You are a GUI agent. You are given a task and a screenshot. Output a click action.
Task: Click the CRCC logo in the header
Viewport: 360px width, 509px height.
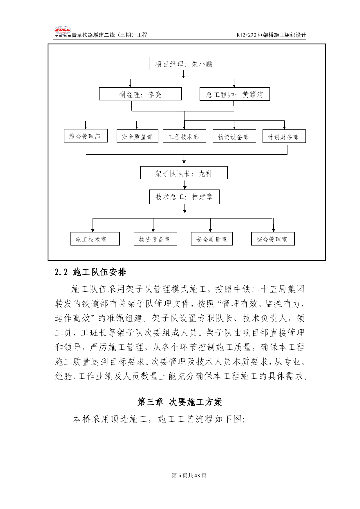[x=63, y=32]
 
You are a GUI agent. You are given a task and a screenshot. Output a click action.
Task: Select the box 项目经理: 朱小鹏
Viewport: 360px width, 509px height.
[x=184, y=64]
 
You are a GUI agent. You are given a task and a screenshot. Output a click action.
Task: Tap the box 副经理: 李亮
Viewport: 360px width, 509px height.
[x=140, y=94]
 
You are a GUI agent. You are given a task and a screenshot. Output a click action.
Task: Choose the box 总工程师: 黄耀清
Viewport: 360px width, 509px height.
[x=235, y=94]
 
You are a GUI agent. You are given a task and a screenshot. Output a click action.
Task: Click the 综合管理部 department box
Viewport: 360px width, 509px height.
[x=86, y=136]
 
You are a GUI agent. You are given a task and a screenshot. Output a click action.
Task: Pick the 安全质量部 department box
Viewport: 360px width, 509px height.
[x=138, y=136]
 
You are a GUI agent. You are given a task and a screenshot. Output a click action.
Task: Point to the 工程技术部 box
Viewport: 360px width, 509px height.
[x=184, y=136]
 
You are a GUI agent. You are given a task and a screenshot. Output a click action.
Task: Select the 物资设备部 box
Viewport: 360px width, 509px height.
[x=234, y=136]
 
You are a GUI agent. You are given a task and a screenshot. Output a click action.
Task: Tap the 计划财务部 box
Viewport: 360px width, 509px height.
[x=284, y=136]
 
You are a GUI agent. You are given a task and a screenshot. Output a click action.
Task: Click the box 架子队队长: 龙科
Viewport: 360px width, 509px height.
[x=184, y=173]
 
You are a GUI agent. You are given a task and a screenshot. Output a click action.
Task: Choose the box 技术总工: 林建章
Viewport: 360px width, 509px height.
[x=184, y=197]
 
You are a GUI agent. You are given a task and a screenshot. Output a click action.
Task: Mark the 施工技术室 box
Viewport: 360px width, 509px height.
[x=95, y=239]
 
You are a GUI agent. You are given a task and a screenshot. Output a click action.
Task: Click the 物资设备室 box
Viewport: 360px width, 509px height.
[x=155, y=239]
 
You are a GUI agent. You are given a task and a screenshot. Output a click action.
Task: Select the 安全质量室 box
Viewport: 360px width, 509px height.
[x=212, y=239]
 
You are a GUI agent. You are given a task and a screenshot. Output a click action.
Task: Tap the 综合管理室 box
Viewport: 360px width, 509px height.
[x=273, y=239]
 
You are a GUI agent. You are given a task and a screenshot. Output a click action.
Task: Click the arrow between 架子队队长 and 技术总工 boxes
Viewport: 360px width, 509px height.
[x=185, y=185]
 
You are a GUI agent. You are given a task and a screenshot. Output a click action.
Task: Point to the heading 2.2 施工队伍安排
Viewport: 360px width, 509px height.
[x=91, y=272]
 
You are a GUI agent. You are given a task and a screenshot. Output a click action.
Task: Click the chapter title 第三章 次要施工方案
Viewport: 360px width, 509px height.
[x=180, y=402]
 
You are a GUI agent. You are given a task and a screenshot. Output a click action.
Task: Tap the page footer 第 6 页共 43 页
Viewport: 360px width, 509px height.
[x=189, y=475]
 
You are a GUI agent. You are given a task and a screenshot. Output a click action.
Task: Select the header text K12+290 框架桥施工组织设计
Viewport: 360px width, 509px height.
[x=272, y=35]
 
